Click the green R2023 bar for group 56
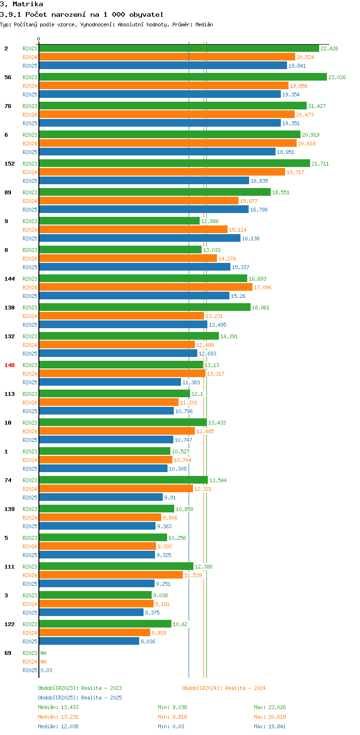pyautogui.click(x=182, y=77)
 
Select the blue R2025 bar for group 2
pyautogui.click(x=163, y=65)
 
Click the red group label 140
pyautogui.click(x=10, y=365)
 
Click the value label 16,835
pyautogui.click(x=259, y=181)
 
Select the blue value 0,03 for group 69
pyautogui.click(x=47, y=670)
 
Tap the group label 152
pyautogui.click(x=10, y=164)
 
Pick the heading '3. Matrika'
pyautogui.click(x=22, y=4)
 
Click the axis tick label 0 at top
pyautogui.click(x=39, y=39)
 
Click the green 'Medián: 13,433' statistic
pyautogui.click(x=58, y=707)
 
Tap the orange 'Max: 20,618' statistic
pyautogui.click(x=270, y=717)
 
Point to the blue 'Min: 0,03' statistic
pyautogui.click(x=171, y=726)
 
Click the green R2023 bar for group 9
pyautogui.click(x=119, y=221)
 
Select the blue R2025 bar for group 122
pyautogui.click(x=89, y=641)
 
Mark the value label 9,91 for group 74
pyautogui.click(x=170, y=498)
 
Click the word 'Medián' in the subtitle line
pyautogui.click(x=204, y=24)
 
